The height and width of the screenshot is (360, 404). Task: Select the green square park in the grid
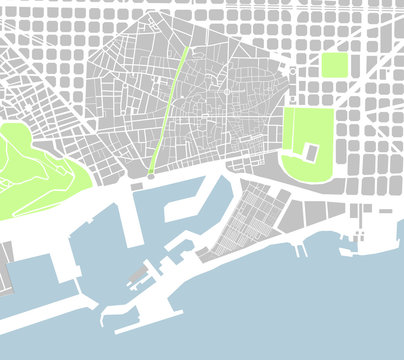[x=334, y=66]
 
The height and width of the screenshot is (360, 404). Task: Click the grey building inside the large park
[x=310, y=152]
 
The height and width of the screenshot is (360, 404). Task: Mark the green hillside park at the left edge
[x=35, y=165]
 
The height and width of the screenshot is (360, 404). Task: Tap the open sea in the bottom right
[x=330, y=310]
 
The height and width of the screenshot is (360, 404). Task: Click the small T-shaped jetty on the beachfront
[x=300, y=247]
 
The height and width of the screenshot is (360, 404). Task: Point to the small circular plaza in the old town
[x=227, y=92]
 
